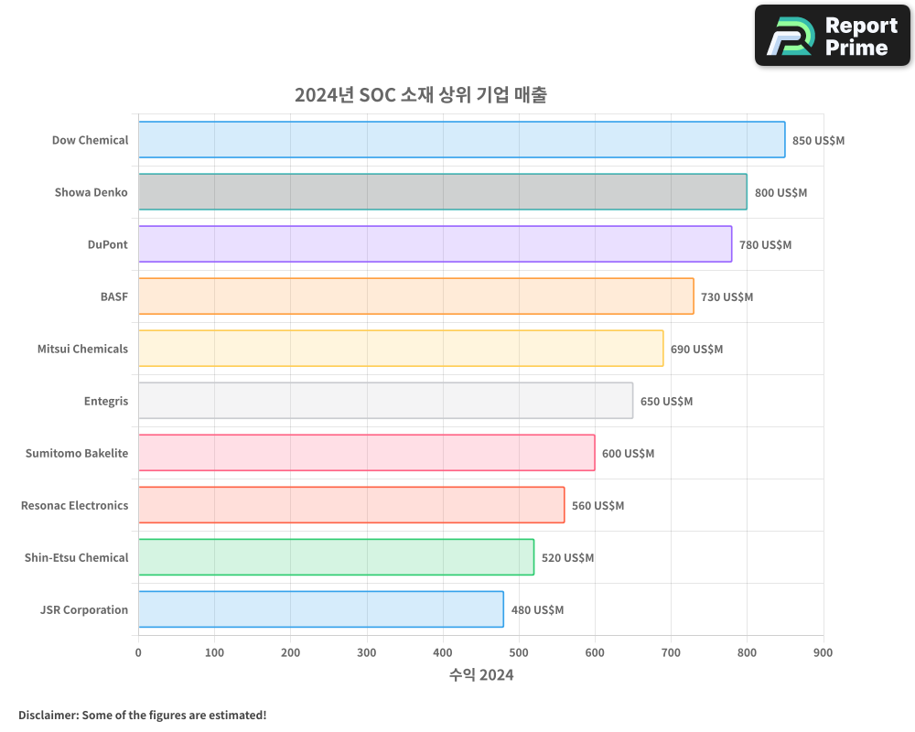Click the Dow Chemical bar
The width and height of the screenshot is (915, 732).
pyautogui.click(x=461, y=140)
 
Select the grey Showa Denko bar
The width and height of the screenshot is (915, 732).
pyautogui.click(x=442, y=192)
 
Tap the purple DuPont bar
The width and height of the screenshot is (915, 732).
pyautogui.click(x=435, y=244)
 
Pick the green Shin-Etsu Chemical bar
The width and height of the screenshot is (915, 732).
pyautogui.click(x=336, y=557)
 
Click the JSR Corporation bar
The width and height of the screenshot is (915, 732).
pyautogui.click(x=320, y=609)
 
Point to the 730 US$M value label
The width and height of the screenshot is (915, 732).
pyautogui.click(x=727, y=296)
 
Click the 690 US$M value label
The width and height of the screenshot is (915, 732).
pyautogui.click(x=696, y=349)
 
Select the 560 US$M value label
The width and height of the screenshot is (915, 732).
pyautogui.click(x=597, y=505)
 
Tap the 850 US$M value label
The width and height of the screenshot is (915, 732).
pyautogui.click(x=818, y=140)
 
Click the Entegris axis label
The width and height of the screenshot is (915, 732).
pyautogui.click(x=105, y=401)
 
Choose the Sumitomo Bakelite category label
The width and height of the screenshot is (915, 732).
pyautogui.click(x=77, y=453)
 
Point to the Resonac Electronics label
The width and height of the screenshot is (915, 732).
pyautogui.click(x=74, y=505)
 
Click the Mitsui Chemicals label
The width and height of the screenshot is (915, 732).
pyautogui.click(x=82, y=349)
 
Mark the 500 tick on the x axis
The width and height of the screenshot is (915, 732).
pyautogui.click(x=519, y=652)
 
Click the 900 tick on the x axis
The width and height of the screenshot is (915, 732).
pyautogui.click(x=823, y=652)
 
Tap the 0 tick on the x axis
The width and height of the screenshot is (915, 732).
pyautogui.click(x=138, y=652)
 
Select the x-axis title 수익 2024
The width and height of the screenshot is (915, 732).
pyautogui.click(x=481, y=675)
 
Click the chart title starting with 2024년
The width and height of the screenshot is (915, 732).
pyautogui.click(x=421, y=95)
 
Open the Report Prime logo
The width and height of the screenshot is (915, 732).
pyautogui.click(x=832, y=36)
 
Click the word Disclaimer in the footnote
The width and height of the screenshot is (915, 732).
pyautogui.click(x=47, y=715)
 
